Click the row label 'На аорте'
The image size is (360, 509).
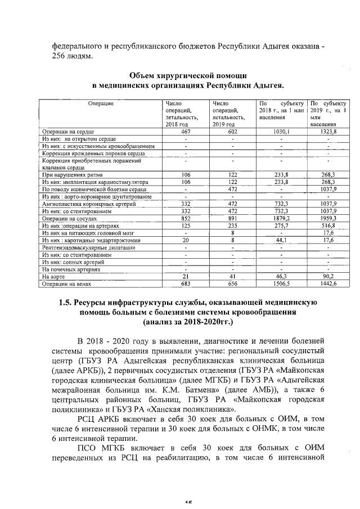click(x=53, y=277)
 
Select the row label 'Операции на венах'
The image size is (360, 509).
click(x=64, y=284)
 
